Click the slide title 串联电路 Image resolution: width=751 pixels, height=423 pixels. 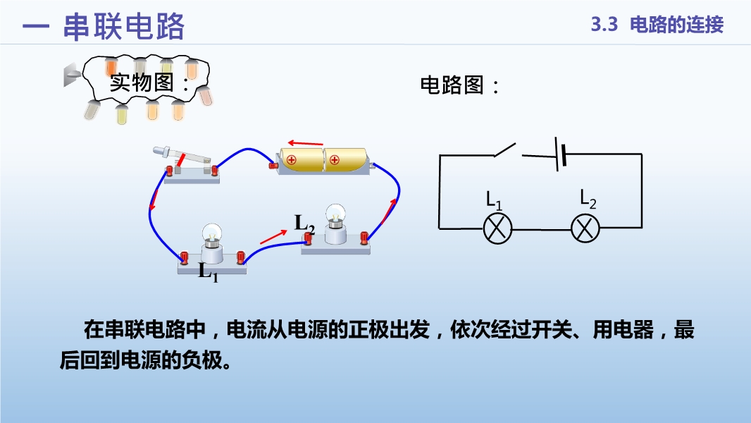pos(123,26)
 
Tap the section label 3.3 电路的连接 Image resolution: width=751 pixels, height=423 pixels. pos(657,25)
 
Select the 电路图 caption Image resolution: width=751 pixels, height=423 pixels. pos(460,85)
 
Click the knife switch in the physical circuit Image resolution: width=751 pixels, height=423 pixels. pos(187,164)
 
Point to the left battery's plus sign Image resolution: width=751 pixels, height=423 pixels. pos(291,160)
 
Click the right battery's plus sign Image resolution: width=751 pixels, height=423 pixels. pos(335,160)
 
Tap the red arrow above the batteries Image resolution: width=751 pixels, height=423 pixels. pos(306,142)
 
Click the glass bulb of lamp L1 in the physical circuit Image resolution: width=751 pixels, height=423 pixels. pos(211,233)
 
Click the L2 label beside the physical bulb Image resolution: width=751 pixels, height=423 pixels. pos(304,224)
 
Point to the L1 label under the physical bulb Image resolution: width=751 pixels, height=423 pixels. pos(209,272)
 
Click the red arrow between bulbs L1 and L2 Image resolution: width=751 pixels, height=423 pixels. pos(273,237)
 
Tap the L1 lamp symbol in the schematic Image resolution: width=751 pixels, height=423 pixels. pos(497,229)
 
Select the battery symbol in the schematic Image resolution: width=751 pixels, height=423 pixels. pos(560,154)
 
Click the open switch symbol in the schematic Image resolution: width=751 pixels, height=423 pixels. pos(505,150)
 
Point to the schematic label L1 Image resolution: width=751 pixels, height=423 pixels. pos(494,201)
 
